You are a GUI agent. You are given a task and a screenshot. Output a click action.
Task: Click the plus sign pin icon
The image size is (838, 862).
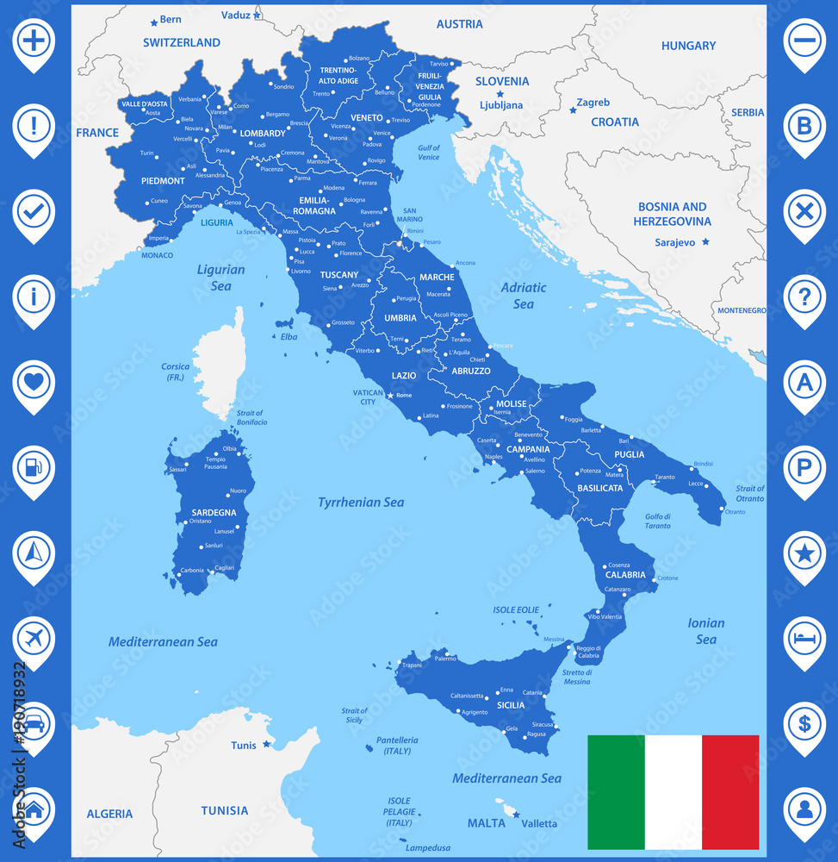(34, 40)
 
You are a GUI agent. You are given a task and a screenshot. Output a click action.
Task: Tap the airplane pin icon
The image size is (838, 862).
(34, 640)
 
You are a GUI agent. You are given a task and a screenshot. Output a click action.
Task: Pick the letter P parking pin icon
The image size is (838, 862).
(804, 468)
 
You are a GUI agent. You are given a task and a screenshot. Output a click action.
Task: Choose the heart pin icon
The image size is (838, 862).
(34, 383)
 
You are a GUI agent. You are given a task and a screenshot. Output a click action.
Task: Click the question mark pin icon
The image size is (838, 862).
(804, 297)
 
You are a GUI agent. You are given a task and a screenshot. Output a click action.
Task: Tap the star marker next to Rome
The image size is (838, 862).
(390, 395)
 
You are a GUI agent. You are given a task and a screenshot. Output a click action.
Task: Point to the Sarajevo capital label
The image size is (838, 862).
(674, 242)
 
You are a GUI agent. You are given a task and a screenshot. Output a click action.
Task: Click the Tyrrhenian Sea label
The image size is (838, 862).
(361, 502)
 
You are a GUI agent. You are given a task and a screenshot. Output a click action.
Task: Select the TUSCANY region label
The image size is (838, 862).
(338, 275)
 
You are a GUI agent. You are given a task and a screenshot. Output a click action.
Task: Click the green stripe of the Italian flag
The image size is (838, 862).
(615, 792)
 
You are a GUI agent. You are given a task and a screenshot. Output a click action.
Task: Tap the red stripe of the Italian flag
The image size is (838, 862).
(730, 792)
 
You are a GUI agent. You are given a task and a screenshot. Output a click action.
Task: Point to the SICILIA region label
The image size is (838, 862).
(511, 705)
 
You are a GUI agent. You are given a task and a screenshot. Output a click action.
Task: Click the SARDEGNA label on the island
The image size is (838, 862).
(214, 512)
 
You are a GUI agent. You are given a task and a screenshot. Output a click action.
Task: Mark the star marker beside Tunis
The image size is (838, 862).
(267, 744)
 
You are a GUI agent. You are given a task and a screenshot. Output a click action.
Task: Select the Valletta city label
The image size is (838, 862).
(539, 823)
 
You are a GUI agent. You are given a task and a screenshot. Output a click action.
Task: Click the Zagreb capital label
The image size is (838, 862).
(593, 103)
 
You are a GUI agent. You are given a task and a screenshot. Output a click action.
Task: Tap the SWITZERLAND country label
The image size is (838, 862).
(182, 42)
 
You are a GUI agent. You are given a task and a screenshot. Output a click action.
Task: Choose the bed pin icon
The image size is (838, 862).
(804, 640)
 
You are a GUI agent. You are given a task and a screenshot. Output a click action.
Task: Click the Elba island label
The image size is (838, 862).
(289, 336)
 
